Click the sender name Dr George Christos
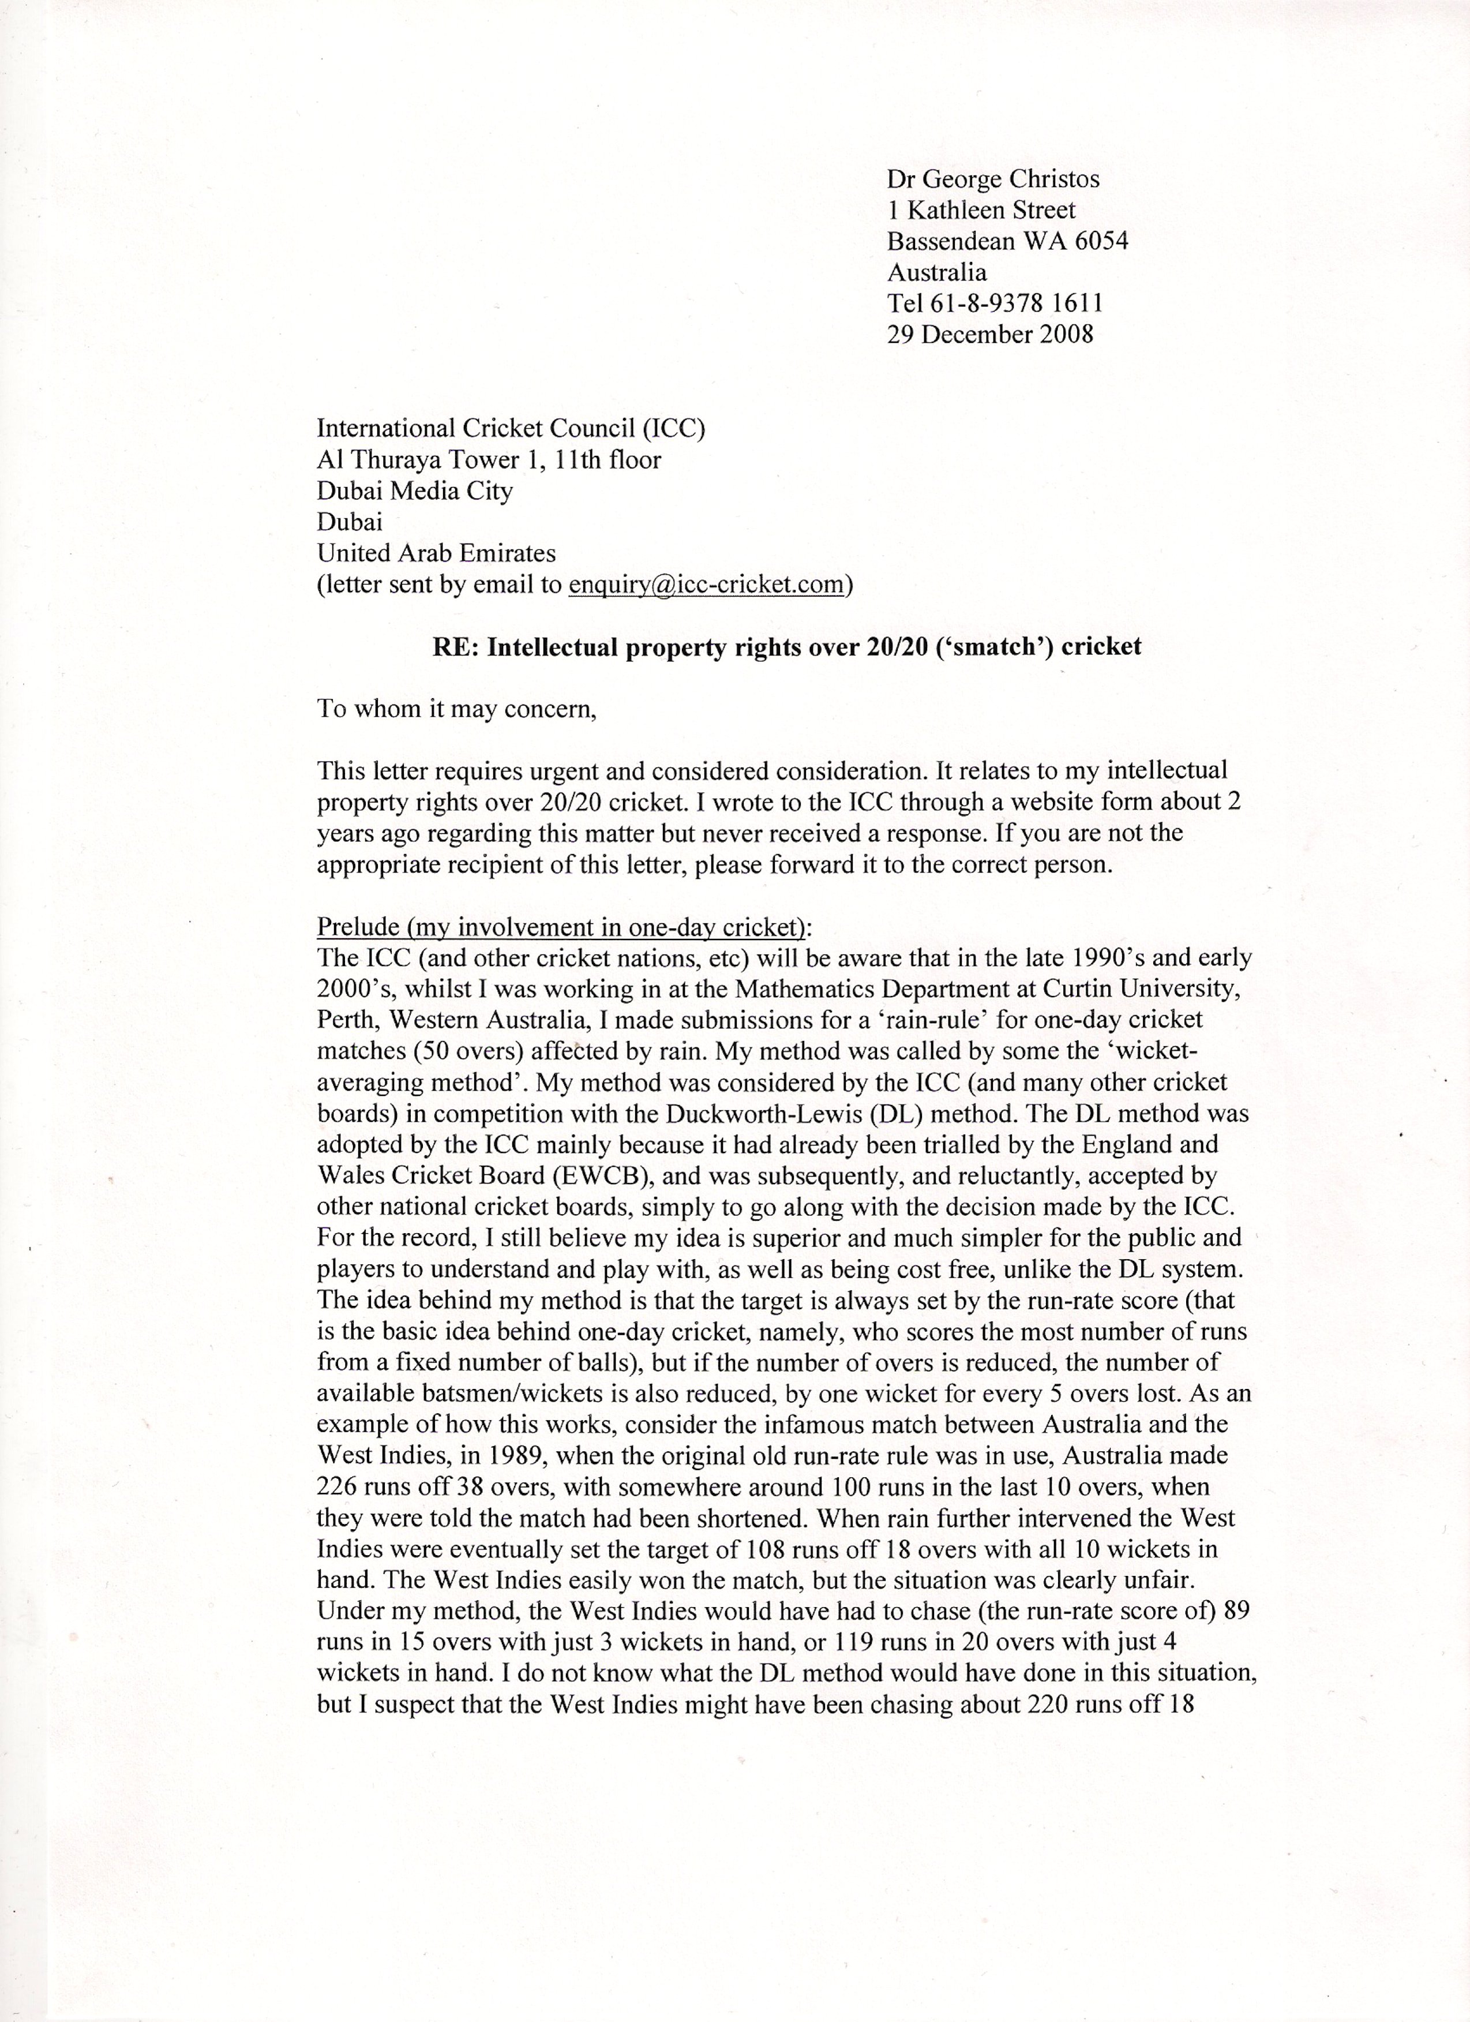pos(992,179)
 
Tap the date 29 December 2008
pos(989,334)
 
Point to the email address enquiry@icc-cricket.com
pos(705,585)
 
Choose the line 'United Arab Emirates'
pos(436,553)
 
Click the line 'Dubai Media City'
pos(415,491)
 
